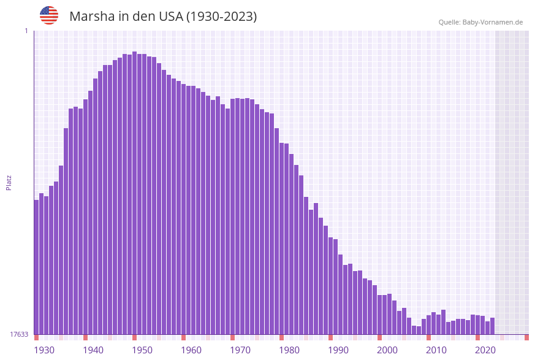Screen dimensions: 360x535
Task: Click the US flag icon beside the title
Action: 49,15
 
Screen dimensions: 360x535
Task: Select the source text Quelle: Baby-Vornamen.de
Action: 480,22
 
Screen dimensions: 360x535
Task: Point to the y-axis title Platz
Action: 9,182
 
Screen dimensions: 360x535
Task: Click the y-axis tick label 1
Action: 26,31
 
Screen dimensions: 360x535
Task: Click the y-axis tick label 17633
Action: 18,334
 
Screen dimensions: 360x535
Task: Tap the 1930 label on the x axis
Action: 44,350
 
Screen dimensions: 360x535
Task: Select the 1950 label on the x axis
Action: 142,350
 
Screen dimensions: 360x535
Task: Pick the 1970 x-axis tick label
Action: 240,350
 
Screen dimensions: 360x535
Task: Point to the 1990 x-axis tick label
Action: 338,350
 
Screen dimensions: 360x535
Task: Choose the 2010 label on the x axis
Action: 436,350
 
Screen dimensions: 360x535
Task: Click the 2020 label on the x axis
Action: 485,350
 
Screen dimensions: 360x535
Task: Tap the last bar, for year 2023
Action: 493,326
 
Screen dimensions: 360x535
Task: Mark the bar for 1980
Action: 282,239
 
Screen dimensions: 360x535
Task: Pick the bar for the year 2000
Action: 380,315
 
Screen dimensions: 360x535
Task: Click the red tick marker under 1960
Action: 184,337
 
